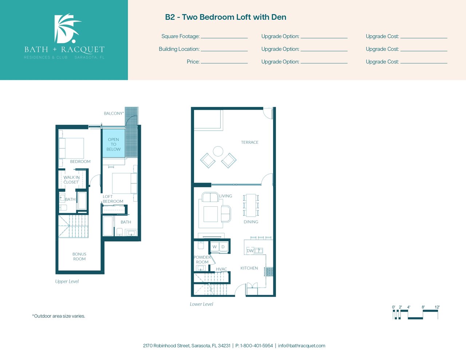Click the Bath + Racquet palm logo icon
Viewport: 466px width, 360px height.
[x=67, y=28]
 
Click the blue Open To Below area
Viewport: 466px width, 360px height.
[x=114, y=143]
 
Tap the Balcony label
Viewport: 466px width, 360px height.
[x=114, y=113]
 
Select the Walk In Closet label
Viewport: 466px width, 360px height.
[x=71, y=180]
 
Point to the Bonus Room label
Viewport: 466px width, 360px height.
[x=79, y=256]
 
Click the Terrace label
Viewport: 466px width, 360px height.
[x=250, y=142]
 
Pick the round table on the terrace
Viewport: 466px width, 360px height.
[x=218, y=151]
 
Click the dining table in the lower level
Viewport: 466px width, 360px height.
[x=251, y=205]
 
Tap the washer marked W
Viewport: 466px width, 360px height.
[x=214, y=247]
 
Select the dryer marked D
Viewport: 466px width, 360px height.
[x=223, y=247]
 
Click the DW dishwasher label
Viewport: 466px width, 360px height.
[x=250, y=251]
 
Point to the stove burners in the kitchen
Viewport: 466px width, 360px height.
[x=269, y=272]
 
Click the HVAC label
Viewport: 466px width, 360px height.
[x=221, y=269]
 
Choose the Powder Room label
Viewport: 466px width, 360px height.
[x=202, y=260]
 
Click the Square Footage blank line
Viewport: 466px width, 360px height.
[x=224, y=38]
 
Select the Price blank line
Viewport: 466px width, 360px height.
[x=224, y=63]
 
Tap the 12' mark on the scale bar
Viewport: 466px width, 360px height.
[x=437, y=307]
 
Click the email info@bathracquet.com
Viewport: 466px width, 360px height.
[x=301, y=346]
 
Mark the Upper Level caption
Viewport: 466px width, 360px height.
[x=67, y=281]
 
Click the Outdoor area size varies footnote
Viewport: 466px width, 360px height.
[x=59, y=316]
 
